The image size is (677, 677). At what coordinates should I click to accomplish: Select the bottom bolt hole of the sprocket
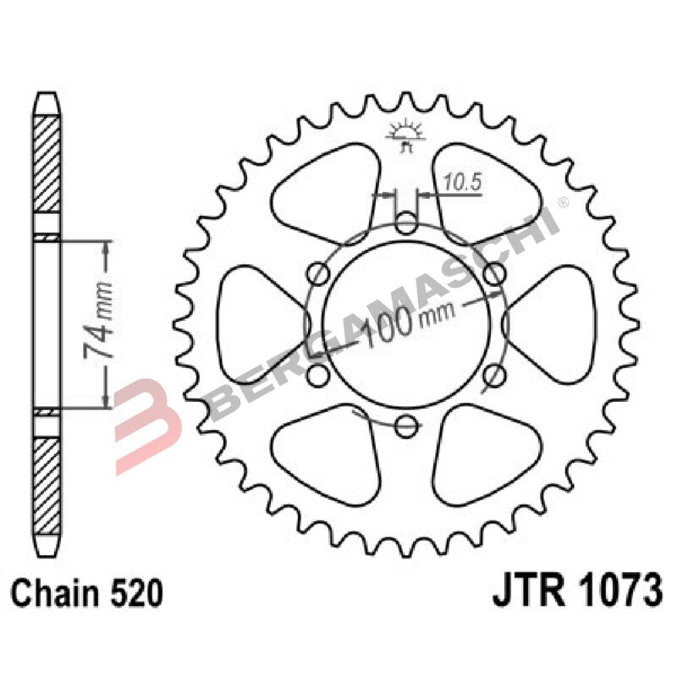point(407,425)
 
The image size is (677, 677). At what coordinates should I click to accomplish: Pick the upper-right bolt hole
point(494,273)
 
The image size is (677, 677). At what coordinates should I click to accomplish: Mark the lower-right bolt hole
point(494,375)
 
